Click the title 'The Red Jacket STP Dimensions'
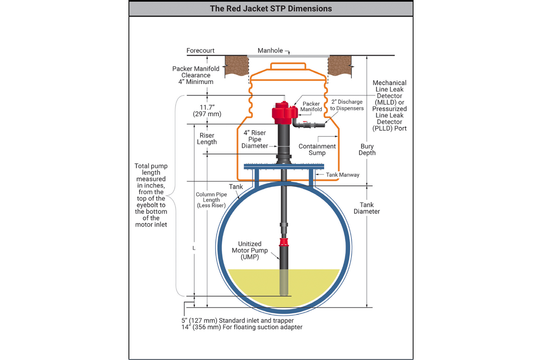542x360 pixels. click(x=271, y=9)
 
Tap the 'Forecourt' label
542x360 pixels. click(x=200, y=51)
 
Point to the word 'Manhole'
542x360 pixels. click(x=270, y=51)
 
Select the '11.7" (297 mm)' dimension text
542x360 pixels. click(x=207, y=111)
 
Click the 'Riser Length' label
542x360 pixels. click(x=207, y=139)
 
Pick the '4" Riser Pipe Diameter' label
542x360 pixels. click(x=254, y=139)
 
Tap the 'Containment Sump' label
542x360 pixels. click(x=317, y=149)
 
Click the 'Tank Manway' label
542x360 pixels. click(x=342, y=175)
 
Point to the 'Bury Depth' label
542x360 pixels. click(x=367, y=149)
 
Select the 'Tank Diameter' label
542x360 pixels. click(x=366, y=208)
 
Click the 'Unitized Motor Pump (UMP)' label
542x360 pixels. click(x=250, y=251)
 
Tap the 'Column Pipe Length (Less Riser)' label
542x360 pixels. click(x=211, y=200)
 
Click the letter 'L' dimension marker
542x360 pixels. click(x=194, y=248)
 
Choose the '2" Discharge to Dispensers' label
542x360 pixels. click(x=347, y=105)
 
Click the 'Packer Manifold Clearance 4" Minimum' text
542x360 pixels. click(x=196, y=75)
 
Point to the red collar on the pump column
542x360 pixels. click(x=284, y=242)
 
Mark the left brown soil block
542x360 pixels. click(x=236, y=66)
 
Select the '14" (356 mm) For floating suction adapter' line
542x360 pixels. click(x=242, y=327)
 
